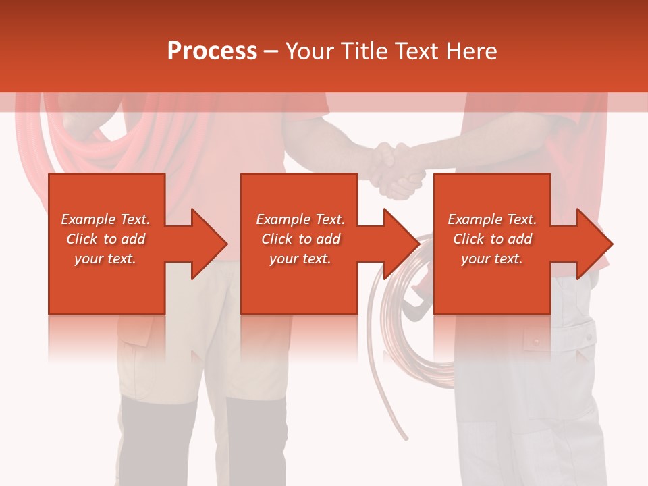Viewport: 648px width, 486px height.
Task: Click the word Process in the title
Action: pos(212,51)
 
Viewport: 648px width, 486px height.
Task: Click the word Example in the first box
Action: pos(88,219)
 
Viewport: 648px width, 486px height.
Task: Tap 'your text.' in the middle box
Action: pos(300,259)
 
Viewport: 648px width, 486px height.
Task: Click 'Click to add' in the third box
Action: pos(492,239)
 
